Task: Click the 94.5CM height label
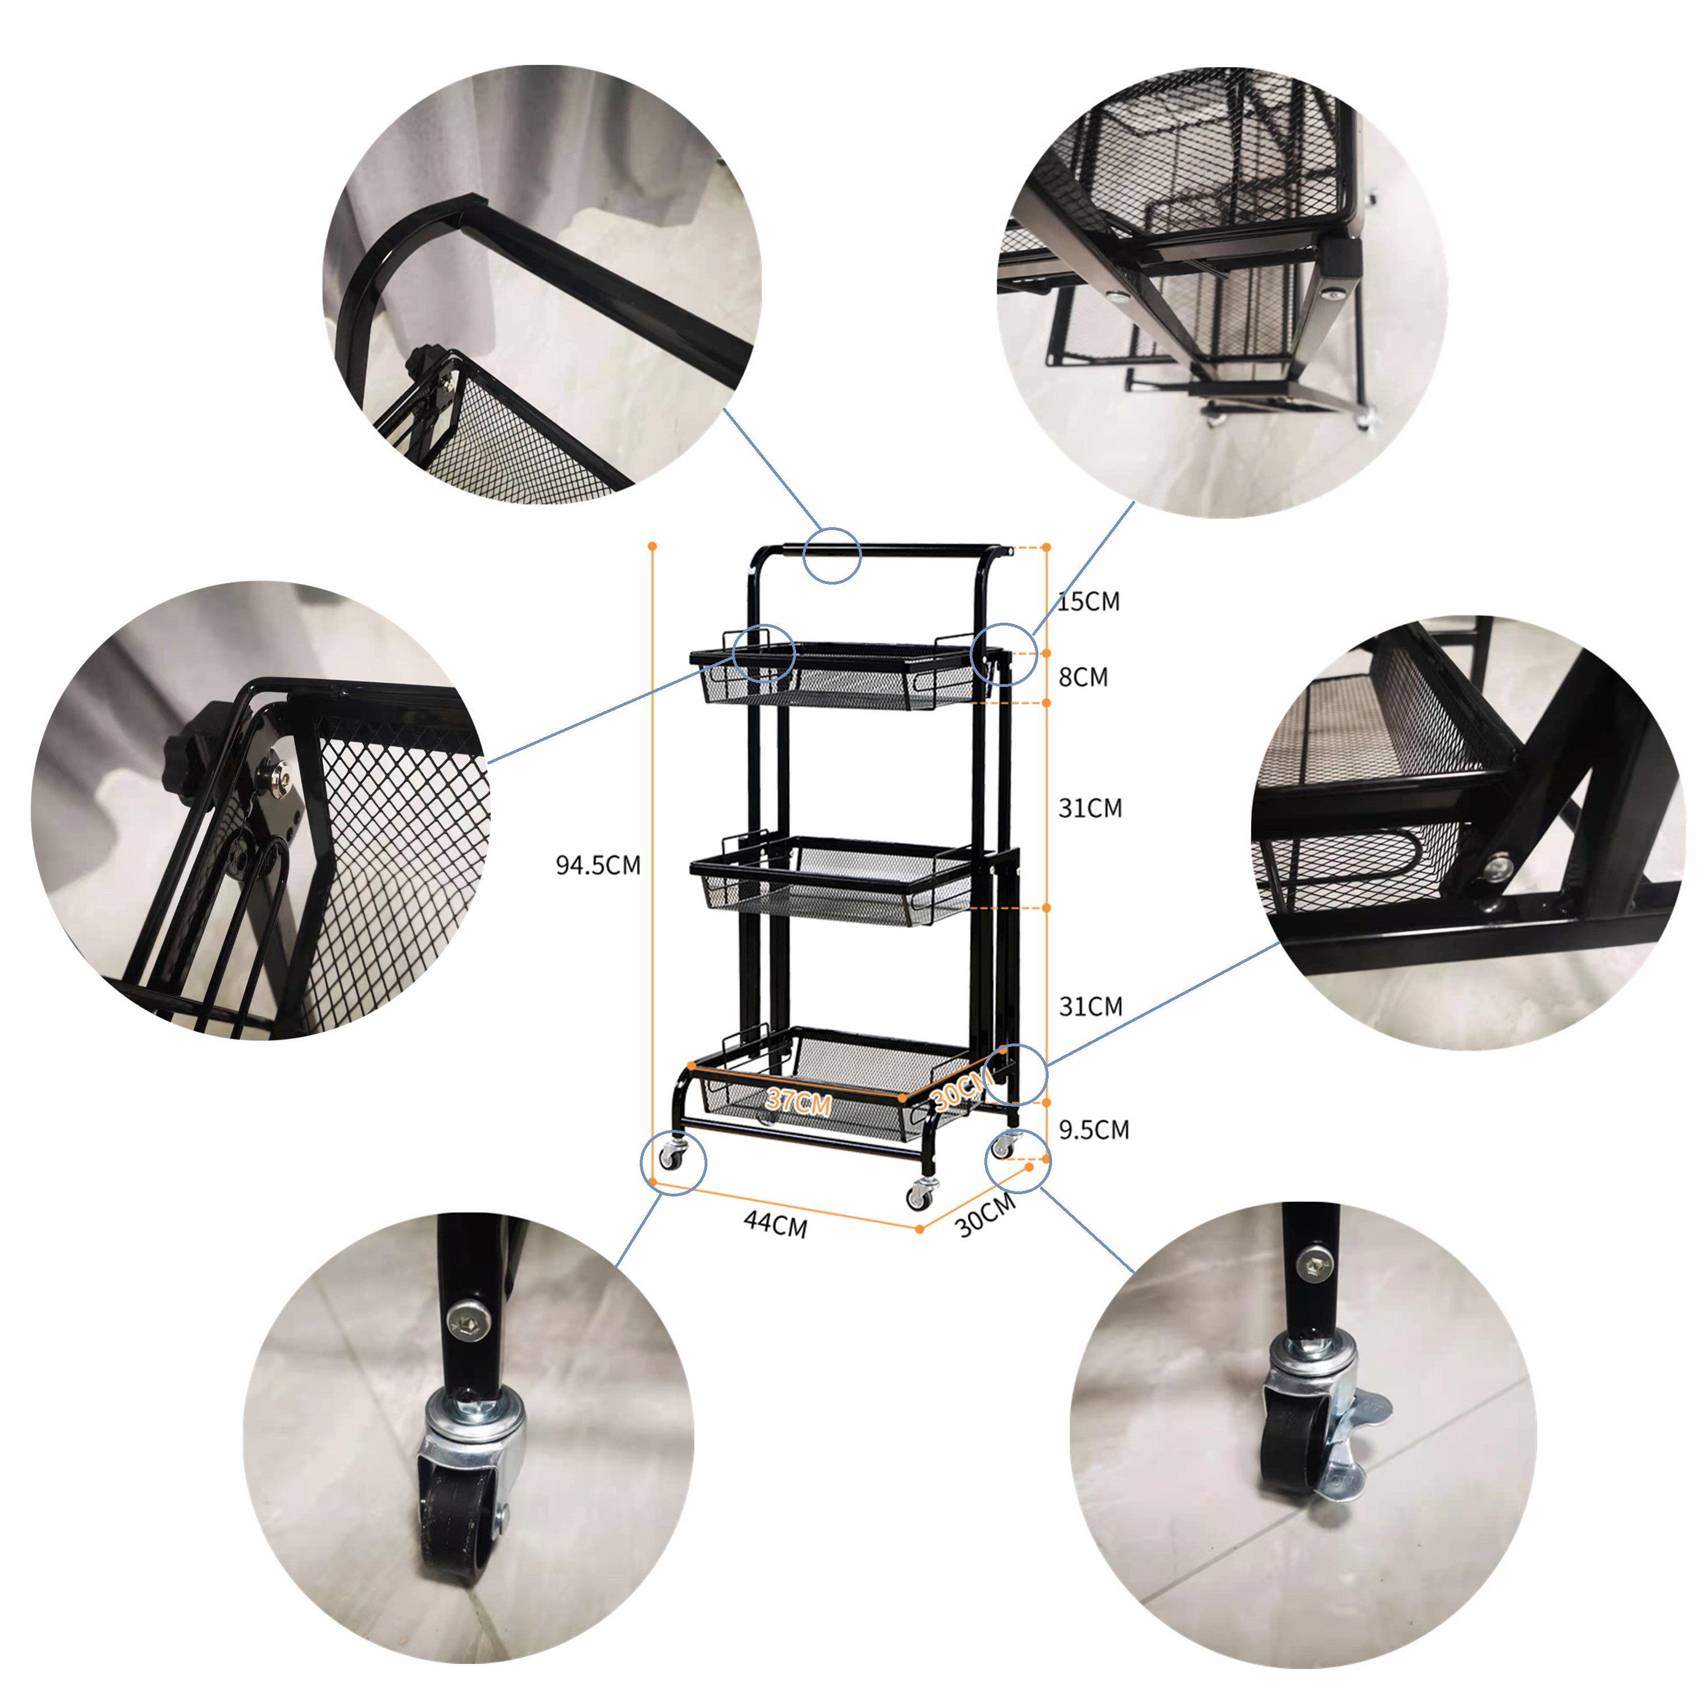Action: (x=598, y=866)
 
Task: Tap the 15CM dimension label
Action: (x=1089, y=601)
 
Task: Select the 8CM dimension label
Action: (x=1083, y=677)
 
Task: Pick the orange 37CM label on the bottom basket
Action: (x=798, y=1101)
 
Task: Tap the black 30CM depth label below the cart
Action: (x=986, y=1215)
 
